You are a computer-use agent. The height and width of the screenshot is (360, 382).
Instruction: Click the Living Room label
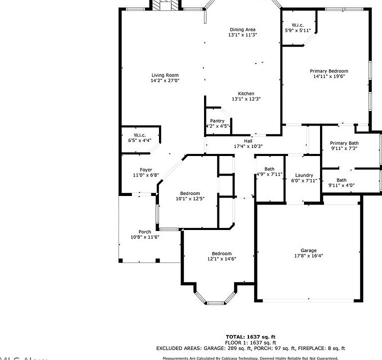[165, 75]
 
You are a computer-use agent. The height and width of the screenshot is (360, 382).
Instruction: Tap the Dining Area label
[242, 29]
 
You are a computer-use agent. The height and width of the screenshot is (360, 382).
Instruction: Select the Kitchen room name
[246, 93]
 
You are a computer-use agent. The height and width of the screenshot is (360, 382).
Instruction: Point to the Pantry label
[217, 120]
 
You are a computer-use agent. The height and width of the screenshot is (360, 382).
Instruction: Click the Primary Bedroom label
[328, 71]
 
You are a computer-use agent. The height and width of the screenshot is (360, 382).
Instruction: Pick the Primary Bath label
[344, 143]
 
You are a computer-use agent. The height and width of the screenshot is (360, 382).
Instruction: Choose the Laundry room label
[304, 175]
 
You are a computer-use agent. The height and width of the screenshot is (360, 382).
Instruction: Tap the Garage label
[308, 250]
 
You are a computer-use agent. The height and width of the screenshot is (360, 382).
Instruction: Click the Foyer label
[145, 170]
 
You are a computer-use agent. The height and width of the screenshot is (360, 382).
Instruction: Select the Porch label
[144, 231]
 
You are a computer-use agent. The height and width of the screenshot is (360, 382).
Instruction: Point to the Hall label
[248, 141]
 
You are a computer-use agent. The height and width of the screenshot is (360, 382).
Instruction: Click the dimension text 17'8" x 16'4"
[308, 256]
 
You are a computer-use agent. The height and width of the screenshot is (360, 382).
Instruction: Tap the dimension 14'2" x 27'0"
[165, 80]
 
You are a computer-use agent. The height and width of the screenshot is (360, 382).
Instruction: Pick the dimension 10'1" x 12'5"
[190, 199]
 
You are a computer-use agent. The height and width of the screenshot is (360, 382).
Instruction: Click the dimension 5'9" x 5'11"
[298, 30]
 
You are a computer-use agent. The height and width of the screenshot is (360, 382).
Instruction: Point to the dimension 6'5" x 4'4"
[139, 140]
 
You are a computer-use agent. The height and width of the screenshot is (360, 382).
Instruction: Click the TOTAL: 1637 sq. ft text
[250, 336]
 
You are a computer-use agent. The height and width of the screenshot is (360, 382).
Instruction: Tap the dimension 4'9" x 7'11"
[269, 174]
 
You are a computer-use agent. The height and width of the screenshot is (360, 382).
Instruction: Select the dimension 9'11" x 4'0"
[341, 185]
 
